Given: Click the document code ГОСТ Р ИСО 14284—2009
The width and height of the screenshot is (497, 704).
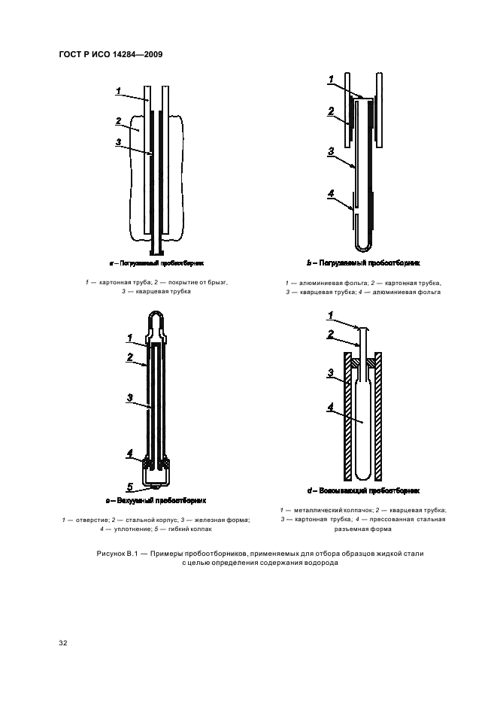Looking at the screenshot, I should [x=111, y=54].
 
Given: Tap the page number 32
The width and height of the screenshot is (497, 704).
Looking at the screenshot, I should [x=64, y=644].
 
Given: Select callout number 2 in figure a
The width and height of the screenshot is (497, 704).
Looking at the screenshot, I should [x=119, y=120].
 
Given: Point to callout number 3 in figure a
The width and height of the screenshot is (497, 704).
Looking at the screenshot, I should [x=119, y=141].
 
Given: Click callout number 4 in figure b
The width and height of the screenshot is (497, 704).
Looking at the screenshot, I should [x=331, y=194].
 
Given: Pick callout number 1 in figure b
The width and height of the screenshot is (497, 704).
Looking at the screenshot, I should [x=331, y=77].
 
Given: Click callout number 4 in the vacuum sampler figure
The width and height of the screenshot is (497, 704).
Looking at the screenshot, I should [x=129, y=454].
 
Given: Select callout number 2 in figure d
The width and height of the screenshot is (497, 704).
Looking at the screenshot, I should [x=331, y=334].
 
